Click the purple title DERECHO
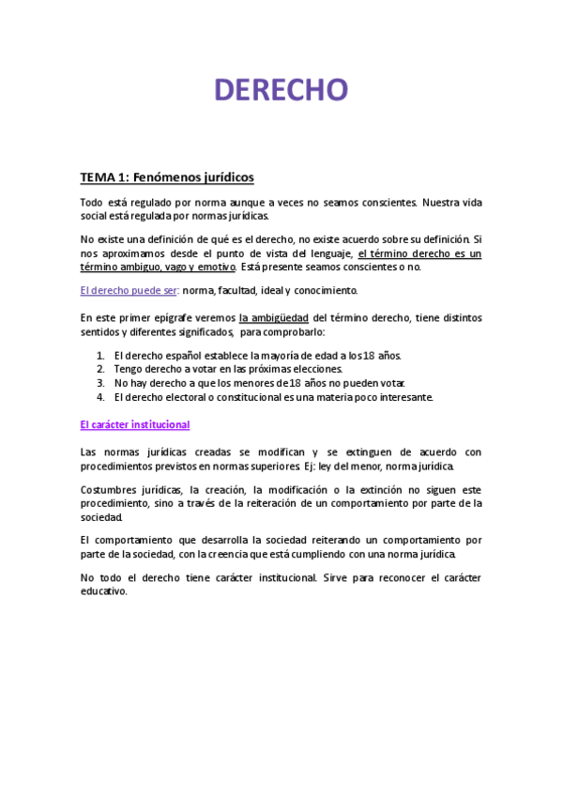point(281,90)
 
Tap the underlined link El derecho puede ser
point(129,290)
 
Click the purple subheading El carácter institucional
point(135,424)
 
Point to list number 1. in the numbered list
point(100,357)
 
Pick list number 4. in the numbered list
point(100,396)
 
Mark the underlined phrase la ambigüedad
point(274,317)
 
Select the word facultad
point(239,290)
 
